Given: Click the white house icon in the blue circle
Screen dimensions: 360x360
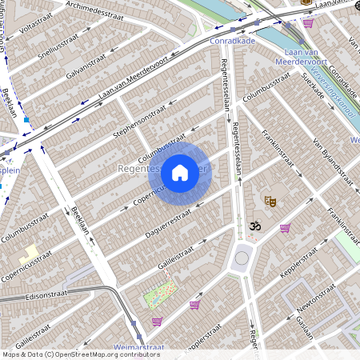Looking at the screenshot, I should pos(180,172).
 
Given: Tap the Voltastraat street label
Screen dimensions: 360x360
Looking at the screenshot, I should pos(34,25).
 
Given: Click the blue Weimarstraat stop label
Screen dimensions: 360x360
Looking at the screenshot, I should pos(140,347).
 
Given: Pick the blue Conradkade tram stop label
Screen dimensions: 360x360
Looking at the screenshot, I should pos(231,39).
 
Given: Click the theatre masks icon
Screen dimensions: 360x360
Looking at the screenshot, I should pos(270,202).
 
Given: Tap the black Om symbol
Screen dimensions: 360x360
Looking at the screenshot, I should pos(255,227).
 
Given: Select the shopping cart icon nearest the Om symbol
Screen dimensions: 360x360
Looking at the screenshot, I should pos(285,228).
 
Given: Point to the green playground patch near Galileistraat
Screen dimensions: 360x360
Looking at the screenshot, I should pos(160,294).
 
